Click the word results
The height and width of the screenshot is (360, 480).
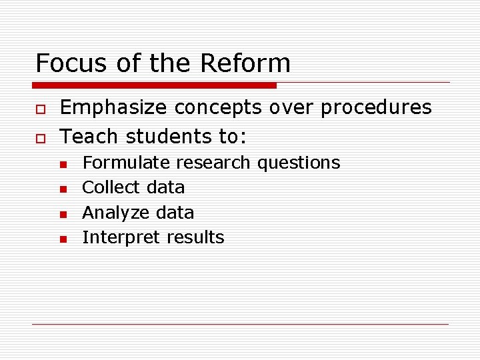195,237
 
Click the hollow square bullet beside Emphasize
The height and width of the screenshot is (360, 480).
40,109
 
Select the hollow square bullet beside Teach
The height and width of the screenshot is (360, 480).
40,137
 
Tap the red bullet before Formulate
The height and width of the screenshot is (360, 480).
62,164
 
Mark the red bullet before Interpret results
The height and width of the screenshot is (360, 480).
62,239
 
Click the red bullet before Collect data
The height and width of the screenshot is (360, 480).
62,189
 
